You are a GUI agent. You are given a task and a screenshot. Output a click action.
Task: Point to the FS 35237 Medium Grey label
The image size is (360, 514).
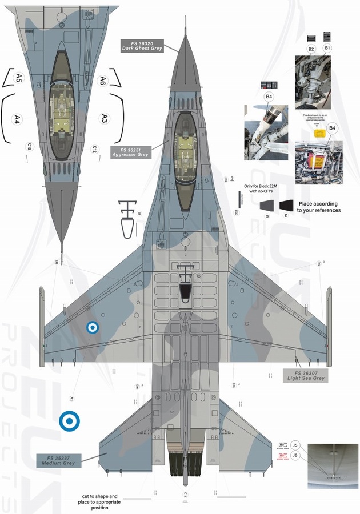[x=59, y=460]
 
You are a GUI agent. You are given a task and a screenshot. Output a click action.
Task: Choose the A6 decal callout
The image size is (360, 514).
[x=103, y=80]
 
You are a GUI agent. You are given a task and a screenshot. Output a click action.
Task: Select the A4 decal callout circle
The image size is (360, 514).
[x=18, y=119]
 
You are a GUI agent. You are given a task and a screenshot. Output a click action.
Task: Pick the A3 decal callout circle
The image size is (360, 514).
[x=104, y=118]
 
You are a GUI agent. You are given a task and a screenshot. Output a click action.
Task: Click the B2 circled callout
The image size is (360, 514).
[x=311, y=49]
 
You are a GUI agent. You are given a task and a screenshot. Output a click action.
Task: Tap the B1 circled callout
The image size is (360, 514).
[x=328, y=49]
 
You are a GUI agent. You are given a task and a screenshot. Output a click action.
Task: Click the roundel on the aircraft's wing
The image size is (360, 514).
[x=92, y=327]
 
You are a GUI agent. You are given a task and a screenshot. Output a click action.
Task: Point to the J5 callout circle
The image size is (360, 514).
[x=295, y=445]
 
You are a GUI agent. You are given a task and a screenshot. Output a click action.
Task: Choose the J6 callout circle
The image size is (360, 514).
[x=295, y=455]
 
